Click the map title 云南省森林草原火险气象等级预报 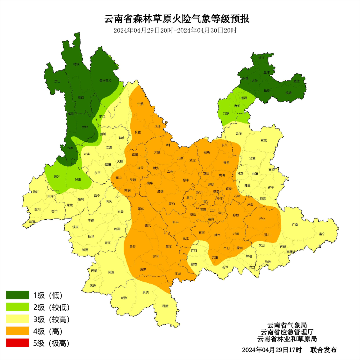177,19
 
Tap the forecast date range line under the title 175,30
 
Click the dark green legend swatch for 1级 18,295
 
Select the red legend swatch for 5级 18,343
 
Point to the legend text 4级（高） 48,331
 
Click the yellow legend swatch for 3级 18,319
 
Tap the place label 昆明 211,184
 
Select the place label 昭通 244,98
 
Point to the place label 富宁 322,234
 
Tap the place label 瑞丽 32,221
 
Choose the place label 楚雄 160,191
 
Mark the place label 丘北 262,219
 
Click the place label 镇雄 288,93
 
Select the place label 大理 120,161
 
